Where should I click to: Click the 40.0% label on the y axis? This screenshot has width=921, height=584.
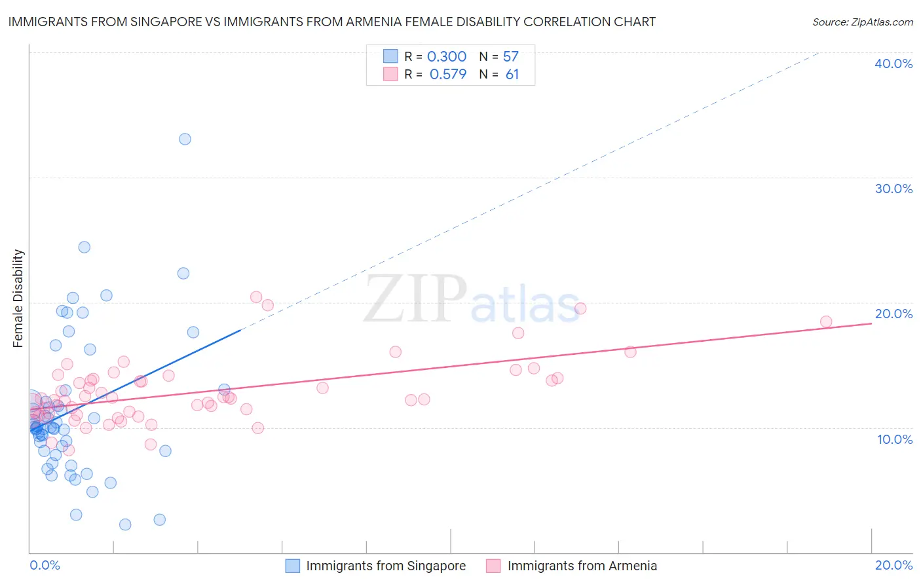point(893,64)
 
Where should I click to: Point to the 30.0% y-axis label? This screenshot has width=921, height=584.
point(893,189)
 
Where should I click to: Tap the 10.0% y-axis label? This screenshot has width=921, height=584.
point(895,439)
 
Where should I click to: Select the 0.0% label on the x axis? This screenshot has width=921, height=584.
point(45,565)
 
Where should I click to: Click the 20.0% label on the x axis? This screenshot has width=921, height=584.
point(893,565)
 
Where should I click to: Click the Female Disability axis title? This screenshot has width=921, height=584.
point(18,299)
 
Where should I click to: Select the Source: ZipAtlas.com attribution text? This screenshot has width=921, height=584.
point(862,22)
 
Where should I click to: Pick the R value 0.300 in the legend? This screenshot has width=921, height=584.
point(447,56)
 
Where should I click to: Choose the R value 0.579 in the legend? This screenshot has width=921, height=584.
point(448,74)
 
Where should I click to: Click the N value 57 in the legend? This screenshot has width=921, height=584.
point(511,56)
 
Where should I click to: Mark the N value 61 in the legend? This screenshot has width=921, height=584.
point(512,74)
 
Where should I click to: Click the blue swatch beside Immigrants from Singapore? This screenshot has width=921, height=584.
point(292,566)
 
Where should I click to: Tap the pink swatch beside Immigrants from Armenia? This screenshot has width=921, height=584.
point(493,566)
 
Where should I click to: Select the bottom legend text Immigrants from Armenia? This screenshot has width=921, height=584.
point(582,566)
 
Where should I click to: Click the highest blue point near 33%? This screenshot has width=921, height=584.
point(185,139)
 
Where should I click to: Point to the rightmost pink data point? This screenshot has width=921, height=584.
point(826,321)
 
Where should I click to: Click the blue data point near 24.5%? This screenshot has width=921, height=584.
point(85,247)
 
